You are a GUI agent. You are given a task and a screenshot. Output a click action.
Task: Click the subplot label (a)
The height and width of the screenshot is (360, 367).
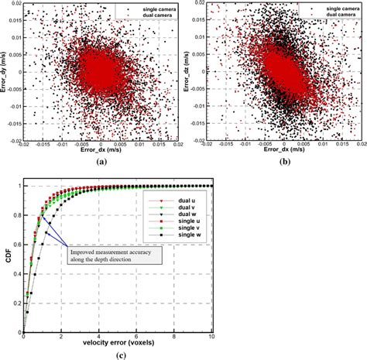pos(101,163)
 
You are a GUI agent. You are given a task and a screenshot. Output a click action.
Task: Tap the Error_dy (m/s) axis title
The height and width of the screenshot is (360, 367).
pos(6,74)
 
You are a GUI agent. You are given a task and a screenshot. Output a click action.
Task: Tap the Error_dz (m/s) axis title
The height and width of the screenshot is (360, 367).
pos(188,74)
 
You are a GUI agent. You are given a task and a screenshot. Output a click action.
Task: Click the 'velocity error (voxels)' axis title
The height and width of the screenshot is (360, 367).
pos(115,341)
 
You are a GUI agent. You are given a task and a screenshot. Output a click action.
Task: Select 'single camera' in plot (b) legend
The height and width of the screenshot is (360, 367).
pos(325,9)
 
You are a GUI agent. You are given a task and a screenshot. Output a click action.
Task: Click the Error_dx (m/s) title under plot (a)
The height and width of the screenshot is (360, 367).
pos(101,151)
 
